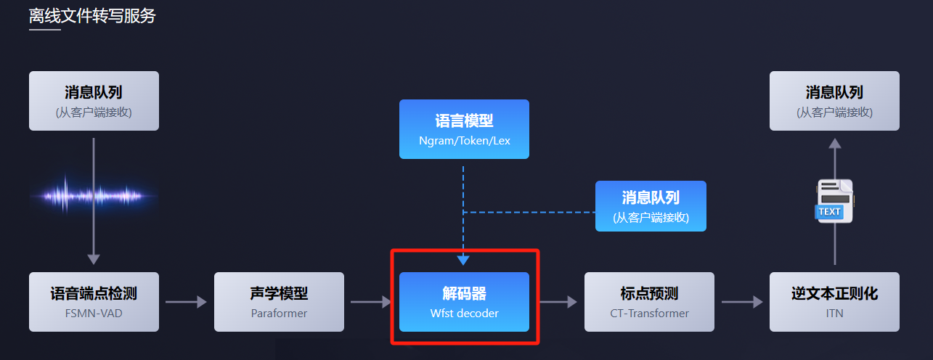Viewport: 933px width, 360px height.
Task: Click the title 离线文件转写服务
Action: [x=92, y=16]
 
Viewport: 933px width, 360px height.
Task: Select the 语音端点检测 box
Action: [x=94, y=302]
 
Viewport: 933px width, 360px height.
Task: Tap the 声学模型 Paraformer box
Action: [x=279, y=302]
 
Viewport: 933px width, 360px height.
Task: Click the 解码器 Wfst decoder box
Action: [x=464, y=302]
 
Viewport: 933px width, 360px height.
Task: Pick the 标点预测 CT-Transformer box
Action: [x=649, y=302]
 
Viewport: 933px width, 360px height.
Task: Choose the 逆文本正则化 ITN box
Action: [x=834, y=302]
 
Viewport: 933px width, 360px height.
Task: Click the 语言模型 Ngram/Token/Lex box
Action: [x=464, y=129]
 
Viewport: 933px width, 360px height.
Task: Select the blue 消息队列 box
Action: [x=651, y=206]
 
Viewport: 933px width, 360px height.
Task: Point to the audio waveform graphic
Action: [x=94, y=195]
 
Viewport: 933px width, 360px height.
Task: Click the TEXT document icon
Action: [x=834, y=201]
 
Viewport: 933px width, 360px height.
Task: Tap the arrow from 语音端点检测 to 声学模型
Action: [x=186, y=302]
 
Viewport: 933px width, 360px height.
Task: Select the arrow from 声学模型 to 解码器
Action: [x=371, y=302]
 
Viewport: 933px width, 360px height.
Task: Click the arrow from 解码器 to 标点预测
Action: [x=558, y=302]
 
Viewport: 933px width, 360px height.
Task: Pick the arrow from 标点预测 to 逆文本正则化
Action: [x=742, y=302]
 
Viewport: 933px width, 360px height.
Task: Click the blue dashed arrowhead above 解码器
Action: [x=463, y=260]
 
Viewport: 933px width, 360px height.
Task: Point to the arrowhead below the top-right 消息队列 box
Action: [x=835, y=144]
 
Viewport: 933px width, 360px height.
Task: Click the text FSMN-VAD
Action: [x=94, y=314]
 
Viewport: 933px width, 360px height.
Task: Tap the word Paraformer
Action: [x=279, y=314]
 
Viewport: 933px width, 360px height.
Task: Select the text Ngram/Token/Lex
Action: [x=465, y=141]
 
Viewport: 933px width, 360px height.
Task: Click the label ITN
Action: [x=835, y=314]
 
